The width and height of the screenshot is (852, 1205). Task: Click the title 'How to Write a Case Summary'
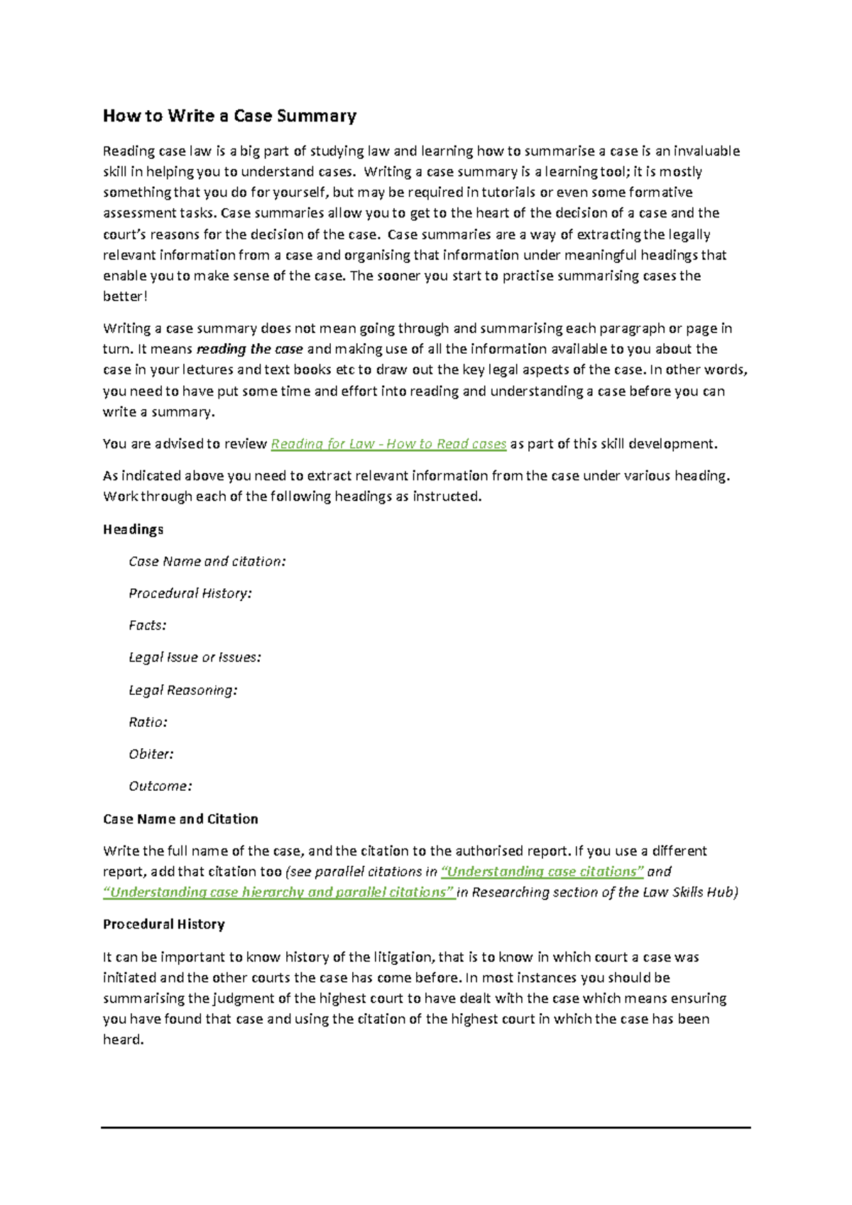point(229,116)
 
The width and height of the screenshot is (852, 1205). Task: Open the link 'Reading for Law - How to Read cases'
point(388,444)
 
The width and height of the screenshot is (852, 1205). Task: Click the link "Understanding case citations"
point(542,872)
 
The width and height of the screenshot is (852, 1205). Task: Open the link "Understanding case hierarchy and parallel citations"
point(279,892)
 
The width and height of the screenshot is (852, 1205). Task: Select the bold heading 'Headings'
point(133,529)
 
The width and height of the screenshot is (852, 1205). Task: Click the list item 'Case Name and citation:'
point(207,561)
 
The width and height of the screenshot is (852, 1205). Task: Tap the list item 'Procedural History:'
point(190,593)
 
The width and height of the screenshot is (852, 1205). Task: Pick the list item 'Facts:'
point(147,625)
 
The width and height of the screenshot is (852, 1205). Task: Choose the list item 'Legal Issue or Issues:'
point(195,657)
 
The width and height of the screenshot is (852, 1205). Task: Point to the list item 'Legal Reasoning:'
point(182,690)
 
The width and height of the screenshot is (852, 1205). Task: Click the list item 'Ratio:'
point(148,722)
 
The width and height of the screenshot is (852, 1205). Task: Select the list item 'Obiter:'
point(151,754)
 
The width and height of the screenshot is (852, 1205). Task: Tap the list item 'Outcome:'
point(160,786)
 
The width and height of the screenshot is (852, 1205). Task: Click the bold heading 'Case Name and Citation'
point(180,819)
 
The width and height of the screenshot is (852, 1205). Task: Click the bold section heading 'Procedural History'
point(163,924)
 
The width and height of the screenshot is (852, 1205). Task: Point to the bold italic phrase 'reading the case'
point(249,349)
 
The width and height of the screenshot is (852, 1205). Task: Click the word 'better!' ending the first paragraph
point(125,296)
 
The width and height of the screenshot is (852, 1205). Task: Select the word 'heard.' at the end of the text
point(123,1039)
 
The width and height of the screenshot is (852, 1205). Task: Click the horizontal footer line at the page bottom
point(425,1127)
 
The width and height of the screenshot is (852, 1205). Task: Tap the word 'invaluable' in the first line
point(706,151)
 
